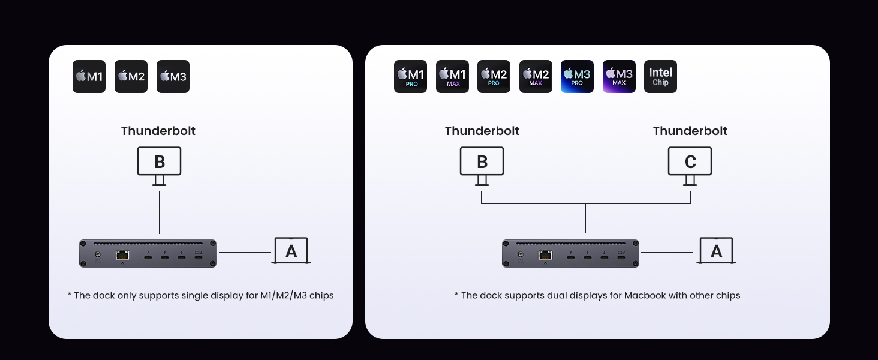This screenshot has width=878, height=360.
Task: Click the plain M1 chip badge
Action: tap(89, 76)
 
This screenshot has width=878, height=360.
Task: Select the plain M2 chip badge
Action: tap(131, 76)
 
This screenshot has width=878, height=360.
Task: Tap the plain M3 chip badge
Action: tap(173, 76)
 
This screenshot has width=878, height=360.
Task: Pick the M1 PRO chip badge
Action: tap(410, 76)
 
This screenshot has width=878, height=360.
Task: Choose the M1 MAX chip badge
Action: tap(452, 76)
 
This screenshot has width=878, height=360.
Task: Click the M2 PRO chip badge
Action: tap(494, 76)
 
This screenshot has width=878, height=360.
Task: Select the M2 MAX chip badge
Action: tap(536, 76)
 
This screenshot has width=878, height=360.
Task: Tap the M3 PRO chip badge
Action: tap(577, 76)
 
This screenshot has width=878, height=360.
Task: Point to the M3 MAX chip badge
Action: tap(619, 76)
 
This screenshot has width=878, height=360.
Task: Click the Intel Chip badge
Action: tap(660, 76)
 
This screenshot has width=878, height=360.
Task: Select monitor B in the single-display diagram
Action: tap(159, 162)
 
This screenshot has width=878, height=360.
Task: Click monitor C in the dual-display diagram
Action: tap(690, 162)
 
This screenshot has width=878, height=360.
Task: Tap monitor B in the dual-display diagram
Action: tap(482, 162)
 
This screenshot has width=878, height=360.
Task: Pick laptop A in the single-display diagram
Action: tap(291, 251)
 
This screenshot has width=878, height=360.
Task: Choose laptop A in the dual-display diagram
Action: tap(716, 251)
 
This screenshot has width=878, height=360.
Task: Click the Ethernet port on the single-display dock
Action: tap(122, 255)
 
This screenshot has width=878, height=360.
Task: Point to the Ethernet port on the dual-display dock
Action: tap(545, 255)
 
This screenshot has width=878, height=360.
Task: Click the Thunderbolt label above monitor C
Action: tap(690, 131)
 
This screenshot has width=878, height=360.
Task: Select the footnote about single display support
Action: tap(200, 295)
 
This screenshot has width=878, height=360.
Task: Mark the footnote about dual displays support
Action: tap(597, 295)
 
